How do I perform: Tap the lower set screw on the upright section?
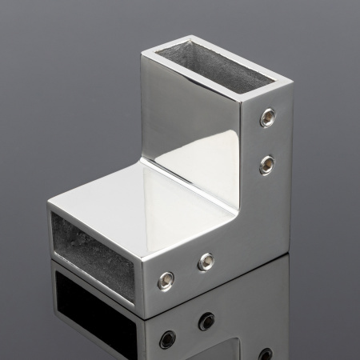(266, 165)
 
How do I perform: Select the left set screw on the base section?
(166, 279)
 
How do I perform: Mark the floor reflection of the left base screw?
(167, 338)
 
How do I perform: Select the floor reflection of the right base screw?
(207, 320)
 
